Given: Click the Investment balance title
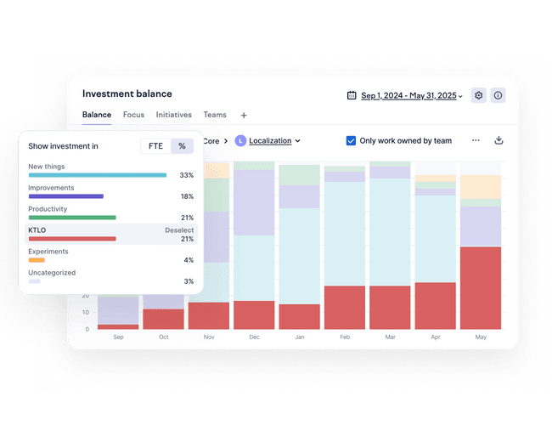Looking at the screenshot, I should tap(127, 94).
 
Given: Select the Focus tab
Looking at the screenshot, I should tap(133, 115).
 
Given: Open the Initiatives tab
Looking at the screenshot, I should tap(173, 115).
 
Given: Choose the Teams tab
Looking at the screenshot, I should tap(215, 115).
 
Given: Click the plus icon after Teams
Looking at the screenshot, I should tap(244, 115).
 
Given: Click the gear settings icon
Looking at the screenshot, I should tap(479, 95).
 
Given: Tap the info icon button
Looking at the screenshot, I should tap(498, 95).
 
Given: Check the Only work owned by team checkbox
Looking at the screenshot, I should tap(351, 140).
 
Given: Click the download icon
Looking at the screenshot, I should tap(498, 140).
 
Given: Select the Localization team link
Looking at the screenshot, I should tap(270, 140).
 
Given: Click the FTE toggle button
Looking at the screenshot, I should tap(155, 146).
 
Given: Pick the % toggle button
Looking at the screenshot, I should tap(182, 146).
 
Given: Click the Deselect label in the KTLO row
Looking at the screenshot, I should tap(179, 230).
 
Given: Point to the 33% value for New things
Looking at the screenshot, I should tap(187, 175).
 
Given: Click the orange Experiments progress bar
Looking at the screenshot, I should tap(37, 260).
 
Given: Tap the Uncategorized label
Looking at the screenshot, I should tap(52, 273).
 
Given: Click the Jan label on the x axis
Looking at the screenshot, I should tap(299, 337).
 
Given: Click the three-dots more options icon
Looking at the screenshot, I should tap(476, 140).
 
